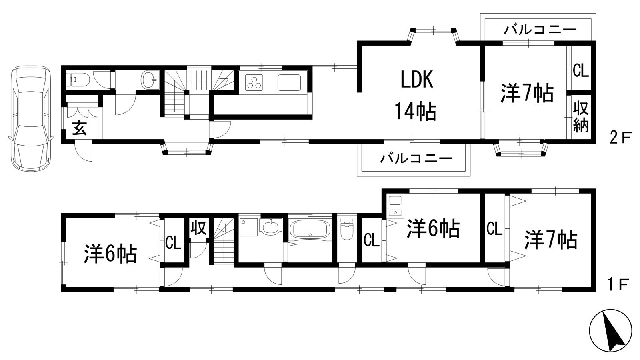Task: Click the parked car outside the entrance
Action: pyautogui.click(x=30, y=119)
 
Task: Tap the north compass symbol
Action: pyautogui.click(x=610, y=330)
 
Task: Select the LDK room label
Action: pyautogui.click(x=417, y=80)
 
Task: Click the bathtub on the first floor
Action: pyautogui.click(x=310, y=230)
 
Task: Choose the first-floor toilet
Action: pyautogui.click(x=346, y=229)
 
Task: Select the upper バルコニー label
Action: pyautogui.click(x=540, y=30)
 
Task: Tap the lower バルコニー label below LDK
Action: pyautogui.click(x=416, y=158)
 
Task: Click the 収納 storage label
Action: pyautogui.click(x=581, y=116)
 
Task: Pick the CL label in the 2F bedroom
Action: pyautogui.click(x=580, y=71)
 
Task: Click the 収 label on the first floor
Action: pyautogui.click(x=198, y=228)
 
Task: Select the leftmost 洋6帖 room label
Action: pyautogui.click(x=111, y=254)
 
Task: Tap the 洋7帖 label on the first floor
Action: pyautogui.click(x=551, y=240)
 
